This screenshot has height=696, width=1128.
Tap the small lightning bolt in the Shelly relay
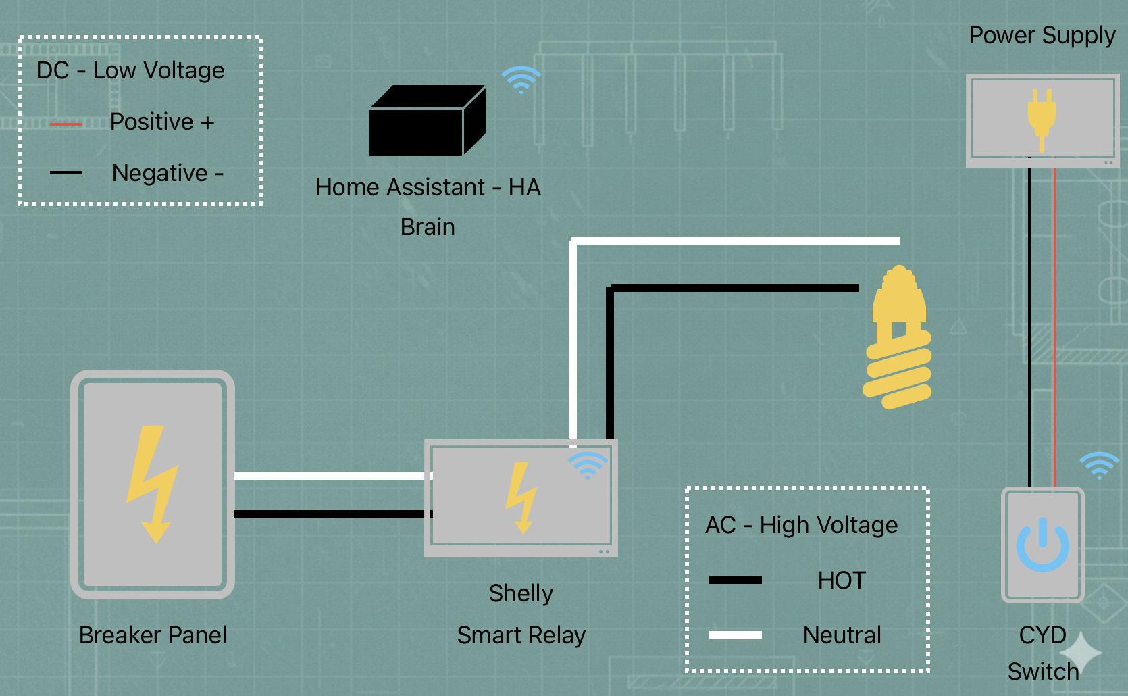pos(521,497)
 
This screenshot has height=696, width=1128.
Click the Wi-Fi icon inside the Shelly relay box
pos(588,466)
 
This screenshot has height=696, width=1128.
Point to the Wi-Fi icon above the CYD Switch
pos(1099,466)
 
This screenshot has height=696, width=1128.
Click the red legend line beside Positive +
pos(66,124)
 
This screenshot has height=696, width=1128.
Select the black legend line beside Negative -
pos(66,173)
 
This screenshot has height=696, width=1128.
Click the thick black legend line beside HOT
pos(735,580)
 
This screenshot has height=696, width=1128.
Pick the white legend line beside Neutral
pos(735,635)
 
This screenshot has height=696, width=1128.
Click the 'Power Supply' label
pos(1042,35)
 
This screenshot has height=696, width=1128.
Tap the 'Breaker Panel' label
pos(153,635)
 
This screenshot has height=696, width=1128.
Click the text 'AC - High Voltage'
pos(801,525)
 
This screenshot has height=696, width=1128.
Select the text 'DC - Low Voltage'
pos(130,70)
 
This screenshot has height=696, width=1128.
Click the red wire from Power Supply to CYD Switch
pos(1054,324)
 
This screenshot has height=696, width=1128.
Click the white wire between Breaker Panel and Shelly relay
pos(330,476)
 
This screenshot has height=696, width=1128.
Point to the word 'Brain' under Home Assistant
pos(428,227)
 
